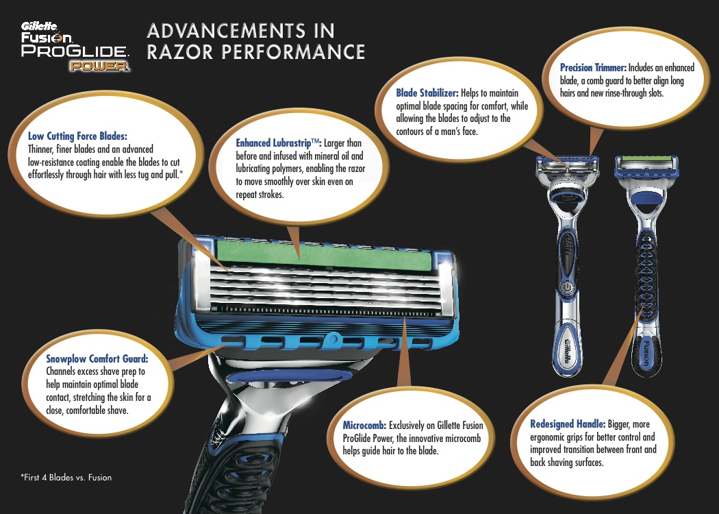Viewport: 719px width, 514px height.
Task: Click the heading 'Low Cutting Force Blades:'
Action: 77,136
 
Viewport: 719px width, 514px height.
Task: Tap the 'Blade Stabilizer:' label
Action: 427,93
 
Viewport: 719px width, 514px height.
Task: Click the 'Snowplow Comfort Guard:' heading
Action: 97,358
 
